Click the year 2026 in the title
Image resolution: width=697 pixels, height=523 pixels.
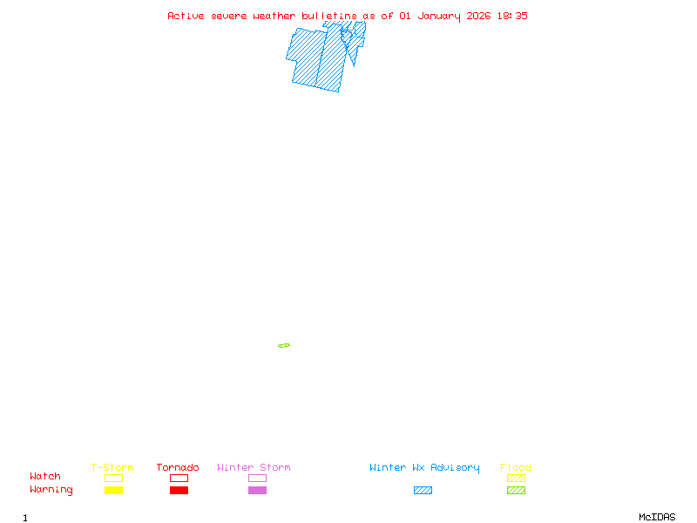[x=478, y=16]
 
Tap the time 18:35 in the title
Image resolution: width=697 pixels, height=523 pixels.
[x=512, y=16]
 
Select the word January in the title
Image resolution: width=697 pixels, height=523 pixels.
[x=439, y=17]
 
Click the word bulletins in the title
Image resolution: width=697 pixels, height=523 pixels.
[x=329, y=16]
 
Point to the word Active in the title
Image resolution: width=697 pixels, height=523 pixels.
[x=186, y=16]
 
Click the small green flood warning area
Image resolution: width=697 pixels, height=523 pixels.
[x=284, y=345]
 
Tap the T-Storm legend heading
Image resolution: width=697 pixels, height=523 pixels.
[x=112, y=467]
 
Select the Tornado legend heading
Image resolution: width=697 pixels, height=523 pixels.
[x=178, y=467]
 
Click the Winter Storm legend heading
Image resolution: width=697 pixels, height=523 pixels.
[x=254, y=467]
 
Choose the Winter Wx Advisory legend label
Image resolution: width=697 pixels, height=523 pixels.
[x=424, y=468]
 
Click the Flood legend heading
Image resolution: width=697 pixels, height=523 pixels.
[x=516, y=467]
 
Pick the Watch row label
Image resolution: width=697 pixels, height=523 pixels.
[x=45, y=476]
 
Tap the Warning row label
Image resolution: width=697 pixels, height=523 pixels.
[x=51, y=490]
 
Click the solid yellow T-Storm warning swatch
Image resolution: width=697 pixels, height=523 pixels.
[x=114, y=490]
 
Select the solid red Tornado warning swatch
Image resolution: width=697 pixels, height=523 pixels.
[x=179, y=490]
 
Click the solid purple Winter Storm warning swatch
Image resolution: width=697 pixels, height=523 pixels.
[x=257, y=490]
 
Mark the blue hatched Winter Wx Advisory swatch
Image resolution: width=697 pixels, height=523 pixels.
[x=423, y=490]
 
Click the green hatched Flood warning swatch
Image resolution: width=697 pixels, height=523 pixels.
[x=516, y=490]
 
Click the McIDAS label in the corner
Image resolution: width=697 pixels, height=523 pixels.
[x=657, y=517]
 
